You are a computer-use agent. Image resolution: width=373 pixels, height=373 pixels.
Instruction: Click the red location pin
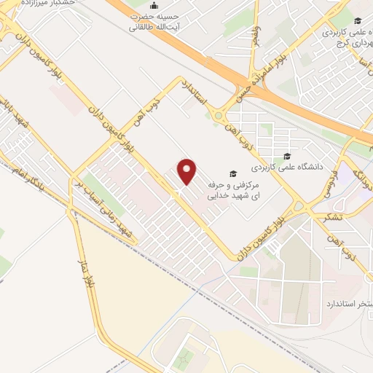pos(187,170)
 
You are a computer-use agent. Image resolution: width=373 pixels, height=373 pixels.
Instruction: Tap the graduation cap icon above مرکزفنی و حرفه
pos(232,173)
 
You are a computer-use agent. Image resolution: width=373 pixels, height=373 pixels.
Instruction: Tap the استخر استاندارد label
pos(347,302)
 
